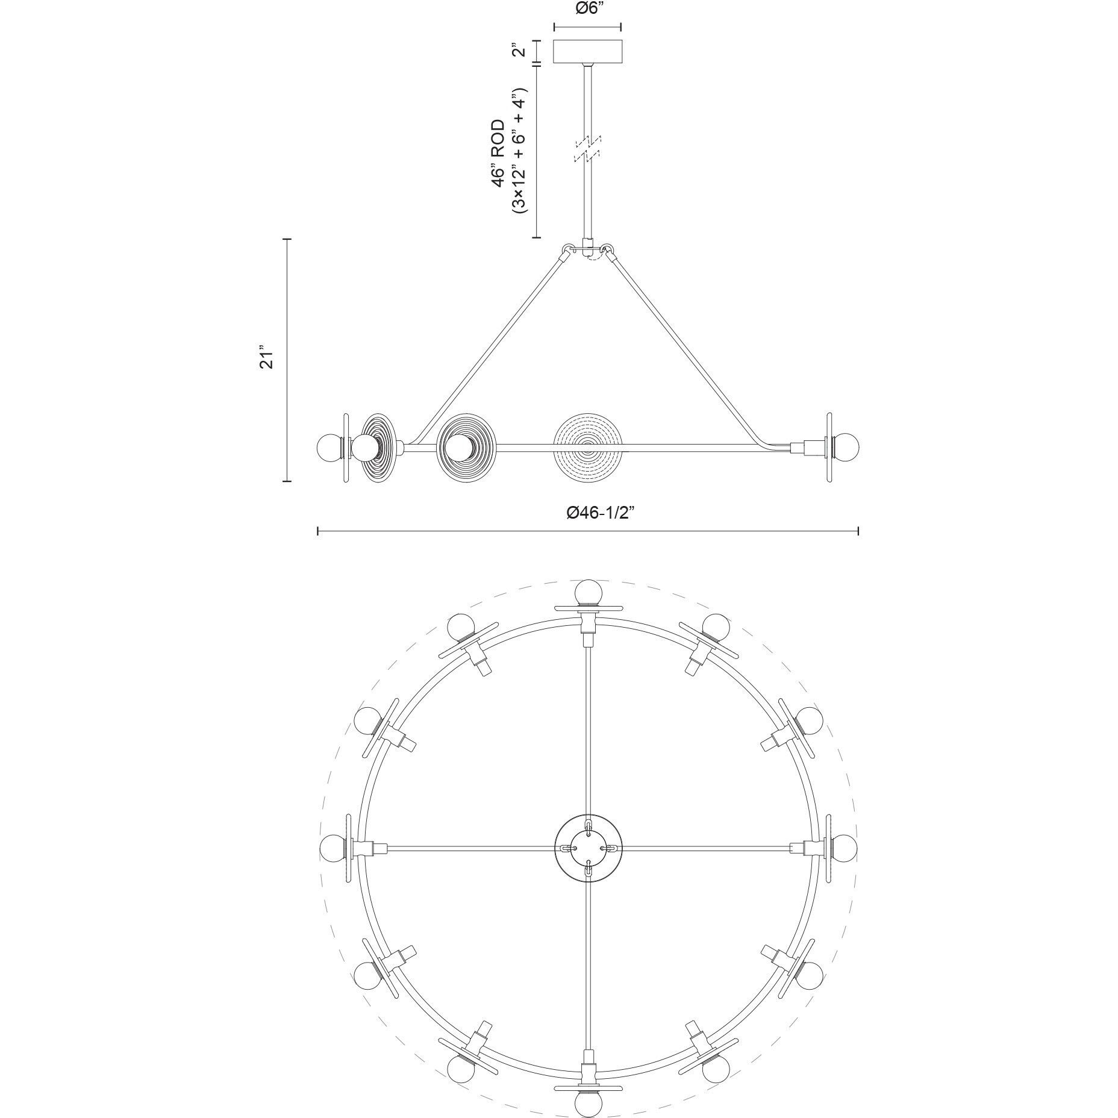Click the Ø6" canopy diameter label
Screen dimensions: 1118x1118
[587, 8]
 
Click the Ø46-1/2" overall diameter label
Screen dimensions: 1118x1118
[601, 513]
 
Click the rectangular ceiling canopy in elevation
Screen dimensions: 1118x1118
[588, 51]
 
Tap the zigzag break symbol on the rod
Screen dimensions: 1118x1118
[587, 149]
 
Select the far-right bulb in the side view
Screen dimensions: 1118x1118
[847, 447]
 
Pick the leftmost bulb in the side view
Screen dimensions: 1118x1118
[329, 447]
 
